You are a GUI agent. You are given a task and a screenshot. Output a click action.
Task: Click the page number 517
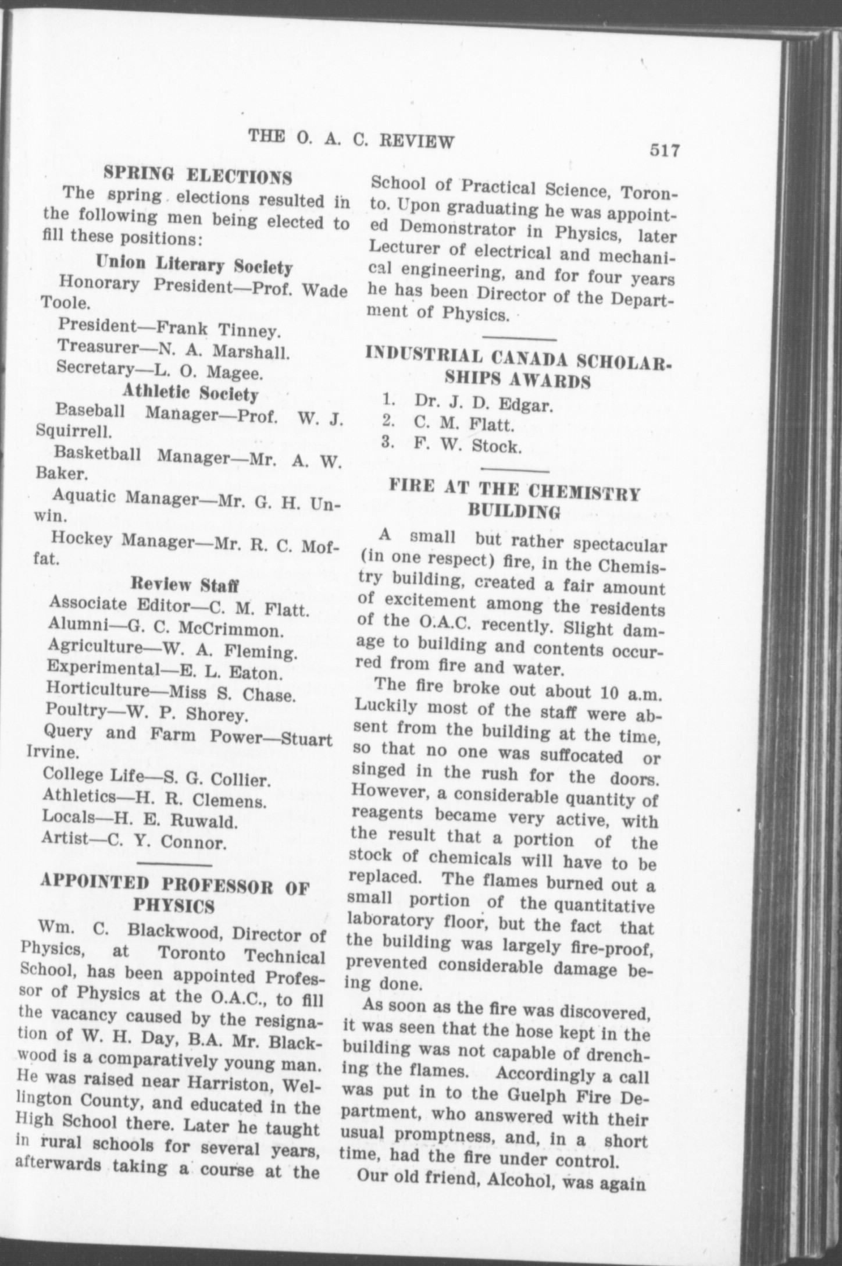pyautogui.click(x=665, y=151)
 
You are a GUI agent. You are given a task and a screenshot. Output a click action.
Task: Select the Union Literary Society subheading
pyautogui.click(x=194, y=265)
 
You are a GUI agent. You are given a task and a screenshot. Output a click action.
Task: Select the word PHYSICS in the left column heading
pyautogui.click(x=174, y=906)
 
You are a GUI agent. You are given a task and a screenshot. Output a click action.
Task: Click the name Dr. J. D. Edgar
pyautogui.click(x=483, y=403)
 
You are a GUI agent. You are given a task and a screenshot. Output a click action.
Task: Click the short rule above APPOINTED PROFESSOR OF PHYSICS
pyautogui.click(x=176, y=862)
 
